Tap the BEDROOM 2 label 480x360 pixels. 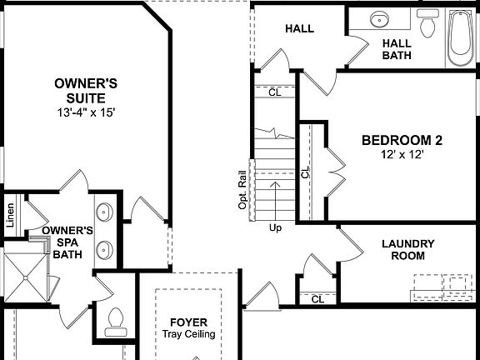pos(401,140)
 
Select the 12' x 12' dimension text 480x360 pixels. pos(401,156)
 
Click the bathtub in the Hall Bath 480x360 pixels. pos(459,38)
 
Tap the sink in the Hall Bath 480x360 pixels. pos(379,19)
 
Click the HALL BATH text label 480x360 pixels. pos(396,49)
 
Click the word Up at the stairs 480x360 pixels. pos(274,227)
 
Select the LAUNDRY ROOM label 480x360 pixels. pos(407,250)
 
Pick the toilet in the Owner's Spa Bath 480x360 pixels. pos(115,321)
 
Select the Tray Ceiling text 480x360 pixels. pos(188,334)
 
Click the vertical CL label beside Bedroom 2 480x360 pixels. pos(305,172)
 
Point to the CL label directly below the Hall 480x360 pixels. pos(274,92)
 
